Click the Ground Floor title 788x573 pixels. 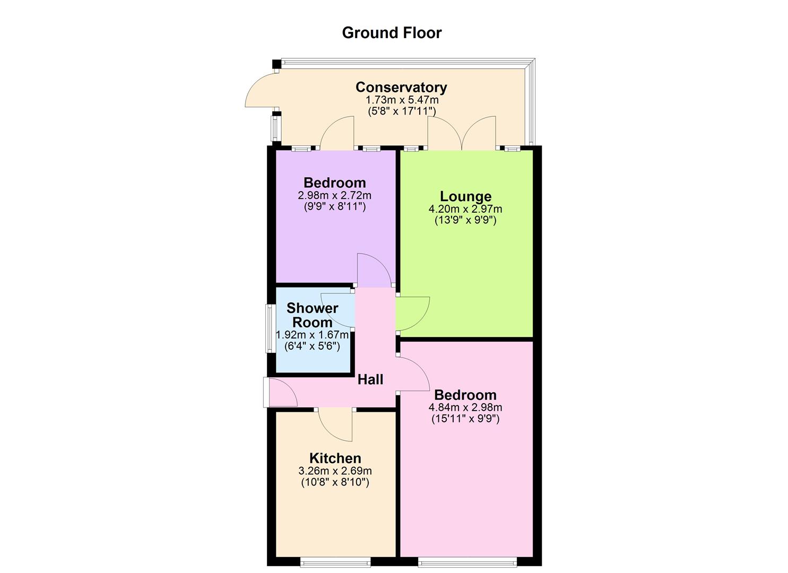coord(392,33)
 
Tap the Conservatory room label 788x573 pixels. coord(401,87)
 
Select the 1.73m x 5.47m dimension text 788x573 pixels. coord(402,100)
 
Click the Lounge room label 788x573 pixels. coord(465,197)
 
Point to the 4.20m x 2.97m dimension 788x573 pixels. coord(465,209)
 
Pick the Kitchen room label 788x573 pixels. coord(335,458)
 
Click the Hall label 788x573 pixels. coord(370,379)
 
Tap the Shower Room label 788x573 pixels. coord(313,315)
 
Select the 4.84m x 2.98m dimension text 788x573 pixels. coord(465,407)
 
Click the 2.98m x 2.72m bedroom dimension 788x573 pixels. coord(334,195)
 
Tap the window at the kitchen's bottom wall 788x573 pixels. coord(335,561)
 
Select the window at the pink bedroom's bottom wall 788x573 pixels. coord(466,561)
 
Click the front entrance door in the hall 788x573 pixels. coord(281,393)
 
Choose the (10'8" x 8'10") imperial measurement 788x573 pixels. coord(335,482)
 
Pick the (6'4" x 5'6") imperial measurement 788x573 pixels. coord(313,346)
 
